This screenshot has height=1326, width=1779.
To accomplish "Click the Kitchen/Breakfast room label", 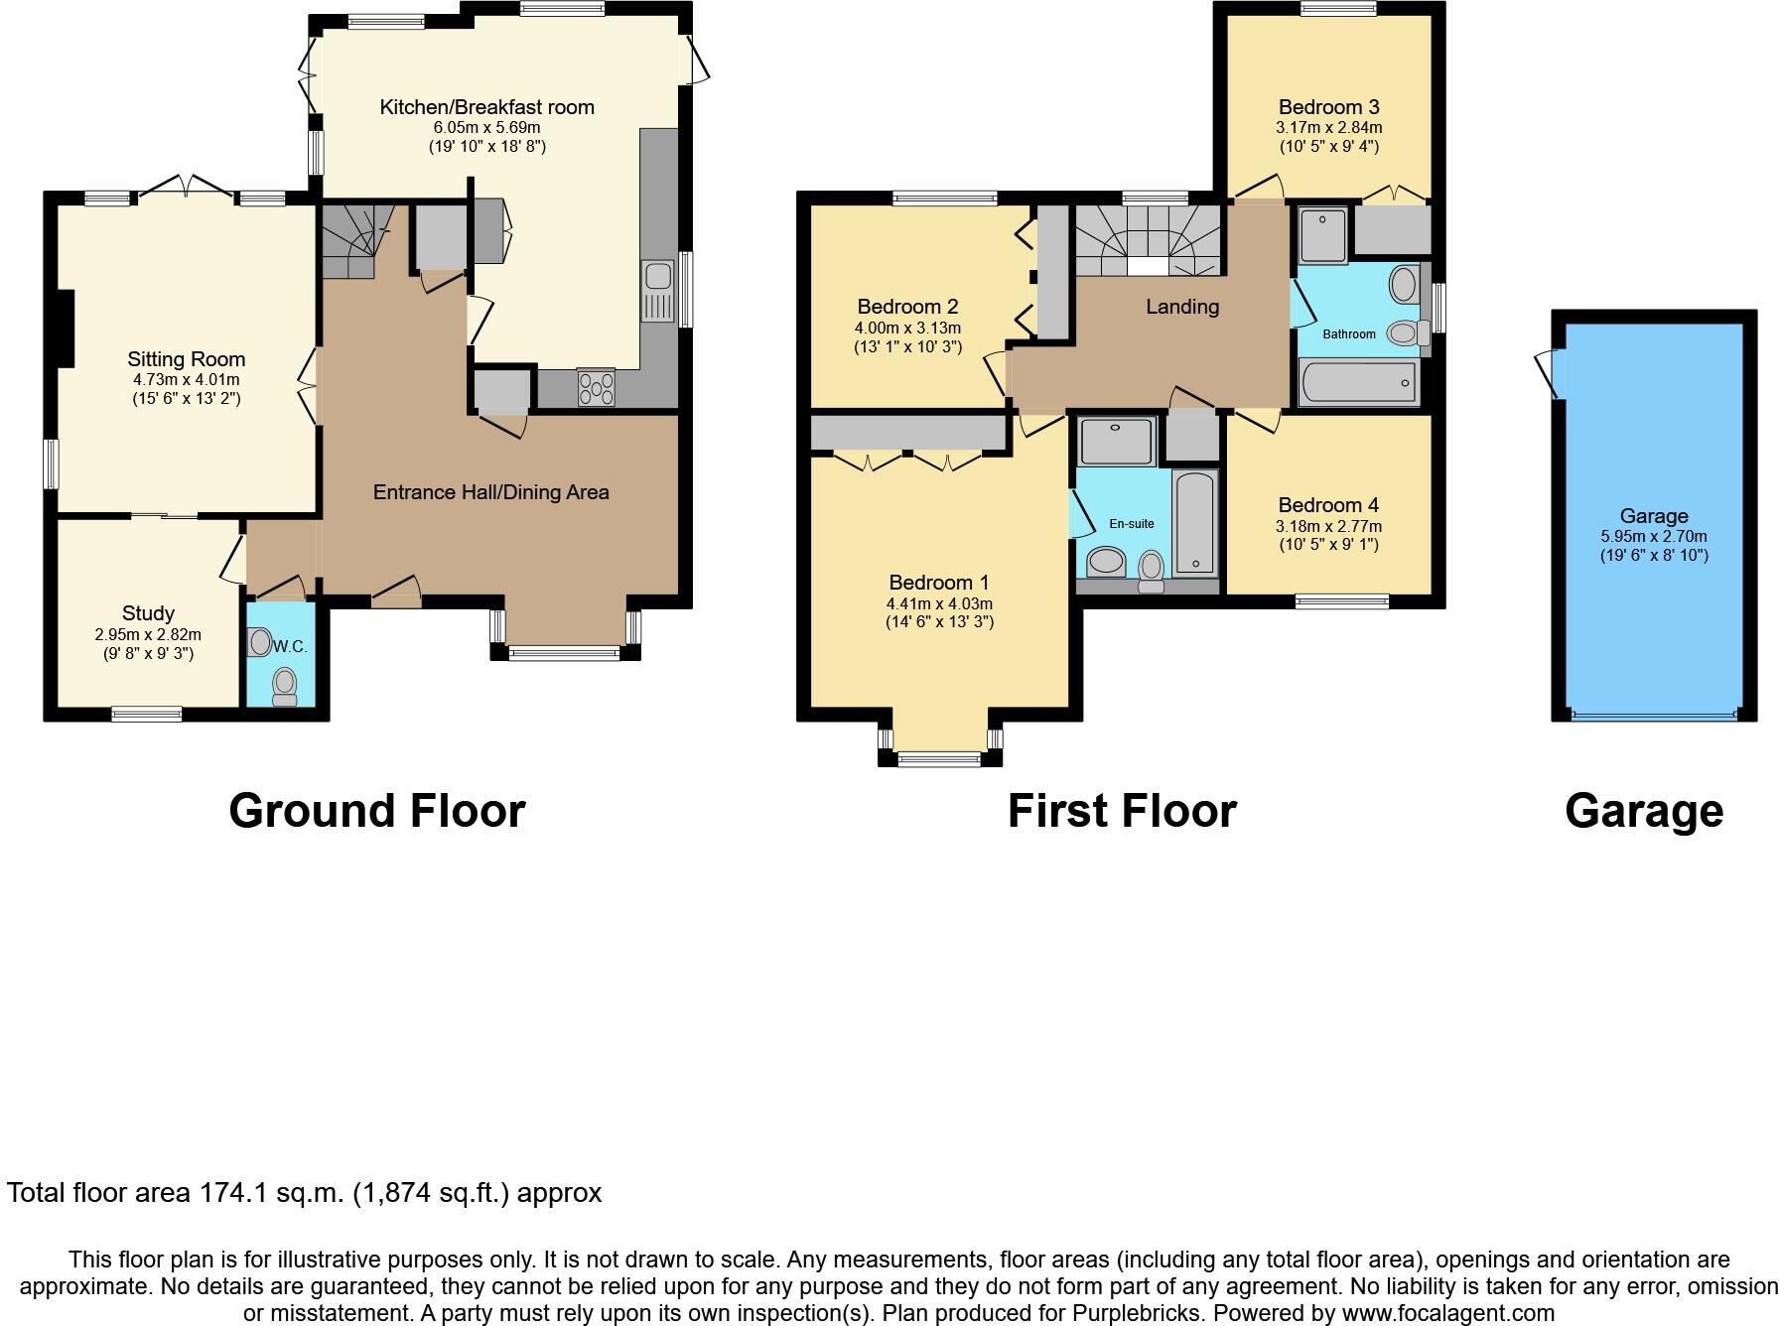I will tap(486, 107).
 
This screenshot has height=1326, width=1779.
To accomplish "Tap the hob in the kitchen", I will tap(596, 387).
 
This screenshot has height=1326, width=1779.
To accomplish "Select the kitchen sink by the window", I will tap(657, 291).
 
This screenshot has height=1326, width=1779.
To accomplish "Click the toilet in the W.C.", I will tap(285, 685).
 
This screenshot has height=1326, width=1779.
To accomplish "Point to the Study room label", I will tap(148, 613).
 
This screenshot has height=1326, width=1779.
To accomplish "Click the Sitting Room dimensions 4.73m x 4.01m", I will tap(186, 379).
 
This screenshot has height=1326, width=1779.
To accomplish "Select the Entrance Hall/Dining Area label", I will tap(490, 492).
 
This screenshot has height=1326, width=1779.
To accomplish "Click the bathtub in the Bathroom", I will tap(1357, 382).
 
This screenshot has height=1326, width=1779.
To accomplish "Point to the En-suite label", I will tap(1132, 523).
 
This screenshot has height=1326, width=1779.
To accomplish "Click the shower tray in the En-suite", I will tap(1117, 441).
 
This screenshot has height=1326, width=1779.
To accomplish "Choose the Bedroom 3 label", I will tap(1328, 107).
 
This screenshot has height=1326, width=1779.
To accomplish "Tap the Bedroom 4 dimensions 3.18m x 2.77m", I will tap(1328, 526).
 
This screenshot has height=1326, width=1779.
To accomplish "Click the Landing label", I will tap(1181, 307).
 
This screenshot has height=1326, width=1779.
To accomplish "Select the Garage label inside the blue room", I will tap(1653, 516).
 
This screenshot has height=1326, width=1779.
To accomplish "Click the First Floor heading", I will tap(1121, 811).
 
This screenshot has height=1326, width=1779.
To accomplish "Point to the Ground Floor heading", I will tap(376, 811).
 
